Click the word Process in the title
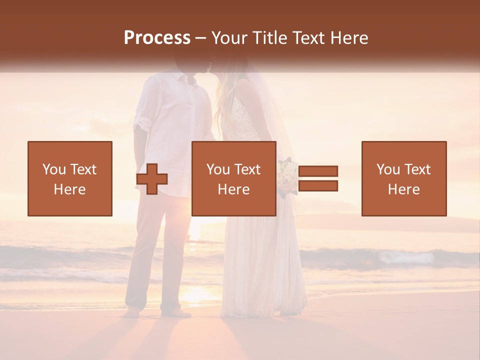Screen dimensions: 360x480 157,38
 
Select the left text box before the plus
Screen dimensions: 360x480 70,178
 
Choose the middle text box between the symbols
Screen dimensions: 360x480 233,178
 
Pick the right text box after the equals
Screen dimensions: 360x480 404,178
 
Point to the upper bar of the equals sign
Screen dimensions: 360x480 318,171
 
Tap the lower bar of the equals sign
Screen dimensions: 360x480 318,186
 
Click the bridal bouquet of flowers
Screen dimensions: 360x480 288,175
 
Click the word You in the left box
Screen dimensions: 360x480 53,169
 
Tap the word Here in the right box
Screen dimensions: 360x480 403,189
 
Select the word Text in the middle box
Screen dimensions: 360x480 247,169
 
